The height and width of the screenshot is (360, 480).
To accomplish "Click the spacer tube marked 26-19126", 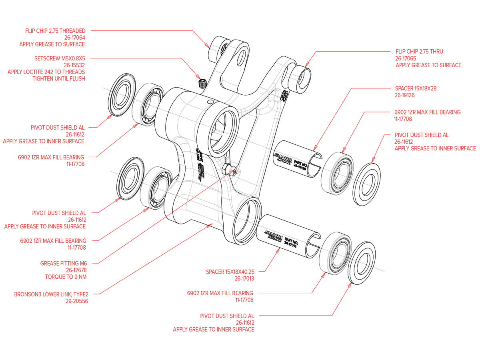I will [299, 158].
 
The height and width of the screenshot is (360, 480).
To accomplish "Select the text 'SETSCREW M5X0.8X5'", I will [60, 58].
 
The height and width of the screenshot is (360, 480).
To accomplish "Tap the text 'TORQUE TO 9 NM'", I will [66, 277].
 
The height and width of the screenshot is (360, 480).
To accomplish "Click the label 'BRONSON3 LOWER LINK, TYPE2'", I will [51, 294].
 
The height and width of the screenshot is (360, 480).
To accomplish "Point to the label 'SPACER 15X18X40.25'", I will [230, 272].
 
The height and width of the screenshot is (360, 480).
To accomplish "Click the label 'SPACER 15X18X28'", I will [416, 88].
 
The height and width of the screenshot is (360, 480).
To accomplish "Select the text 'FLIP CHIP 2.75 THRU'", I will [419, 52].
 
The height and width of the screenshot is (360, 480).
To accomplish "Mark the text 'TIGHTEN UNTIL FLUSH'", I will [59, 79].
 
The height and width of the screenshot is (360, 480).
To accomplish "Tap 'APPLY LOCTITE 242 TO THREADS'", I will [46, 72].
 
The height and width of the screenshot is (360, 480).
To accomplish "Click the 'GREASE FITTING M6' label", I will [64, 263].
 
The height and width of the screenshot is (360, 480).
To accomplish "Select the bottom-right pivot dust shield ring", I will [363, 262].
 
